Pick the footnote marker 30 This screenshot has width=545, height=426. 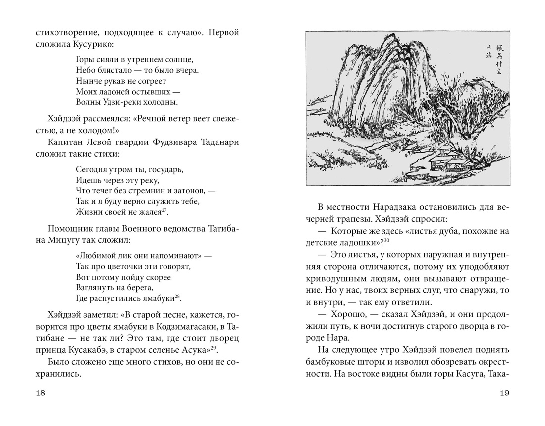point(387,240)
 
